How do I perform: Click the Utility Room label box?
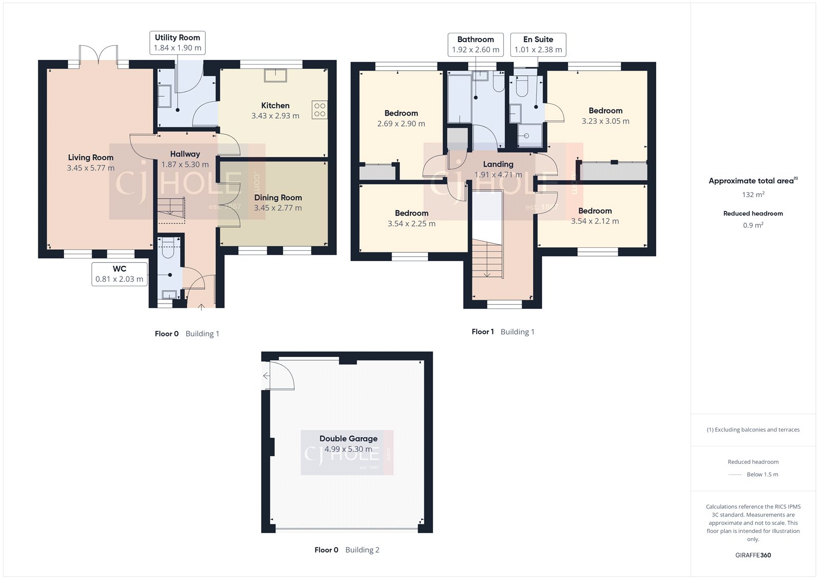coord(177,42)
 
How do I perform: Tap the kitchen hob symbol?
coord(319,110)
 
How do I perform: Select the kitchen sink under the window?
coord(275,75)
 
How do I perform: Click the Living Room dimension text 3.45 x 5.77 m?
coord(91,168)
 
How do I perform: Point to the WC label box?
coord(119,274)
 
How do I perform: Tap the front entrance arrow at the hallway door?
coord(201,307)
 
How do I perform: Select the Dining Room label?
coord(278,198)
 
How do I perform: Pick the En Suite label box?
coord(538,45)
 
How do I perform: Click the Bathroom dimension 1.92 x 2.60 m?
coord(476,50)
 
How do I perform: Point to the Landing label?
coord(498,164)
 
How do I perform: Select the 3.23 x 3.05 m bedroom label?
coord(606,116)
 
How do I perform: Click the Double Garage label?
coord(349,439)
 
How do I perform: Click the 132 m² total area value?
coord(753,195)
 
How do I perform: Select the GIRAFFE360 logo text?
coord(753,555)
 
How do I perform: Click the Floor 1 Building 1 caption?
coord(503,332)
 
